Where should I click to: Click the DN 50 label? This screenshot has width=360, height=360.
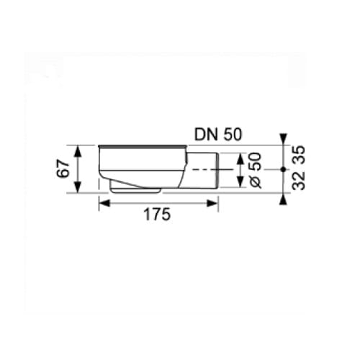[x=218, y=135]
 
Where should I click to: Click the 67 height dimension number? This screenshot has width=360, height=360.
[x=63, y=170]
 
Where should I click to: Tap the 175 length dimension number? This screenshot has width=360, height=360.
[x=157, y=215]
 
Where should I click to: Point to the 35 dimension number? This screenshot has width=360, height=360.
[x=298, y=155]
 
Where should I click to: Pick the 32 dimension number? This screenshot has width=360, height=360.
[x=298, y=180]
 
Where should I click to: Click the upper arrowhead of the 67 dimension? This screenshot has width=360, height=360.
[x=77, y=151]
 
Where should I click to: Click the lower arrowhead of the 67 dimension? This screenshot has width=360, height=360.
[x=77, y=187]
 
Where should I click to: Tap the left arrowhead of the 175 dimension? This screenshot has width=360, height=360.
[x=104, y=203]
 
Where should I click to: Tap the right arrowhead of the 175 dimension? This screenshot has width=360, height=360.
[x=212, y=203]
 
